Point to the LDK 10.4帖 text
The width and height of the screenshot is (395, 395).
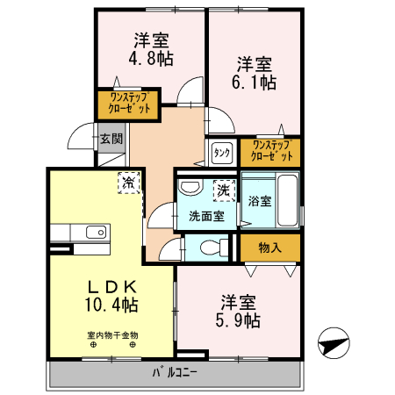[111, 296]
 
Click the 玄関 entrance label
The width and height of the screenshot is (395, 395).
[111, 138]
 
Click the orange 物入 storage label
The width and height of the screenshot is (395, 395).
[269, 248]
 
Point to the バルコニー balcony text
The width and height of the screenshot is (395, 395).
[174, 372]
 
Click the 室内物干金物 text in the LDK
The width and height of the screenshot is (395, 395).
[112, 334]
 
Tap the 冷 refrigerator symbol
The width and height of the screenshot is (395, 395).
[129, 183]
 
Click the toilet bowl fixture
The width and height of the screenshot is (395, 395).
[209, 248]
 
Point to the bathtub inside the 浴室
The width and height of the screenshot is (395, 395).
[288, 200]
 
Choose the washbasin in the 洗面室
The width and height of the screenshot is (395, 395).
[189, 187]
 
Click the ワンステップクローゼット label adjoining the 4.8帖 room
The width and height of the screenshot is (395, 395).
[129, 104]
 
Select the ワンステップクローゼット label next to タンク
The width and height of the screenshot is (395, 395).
[270, 151]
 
